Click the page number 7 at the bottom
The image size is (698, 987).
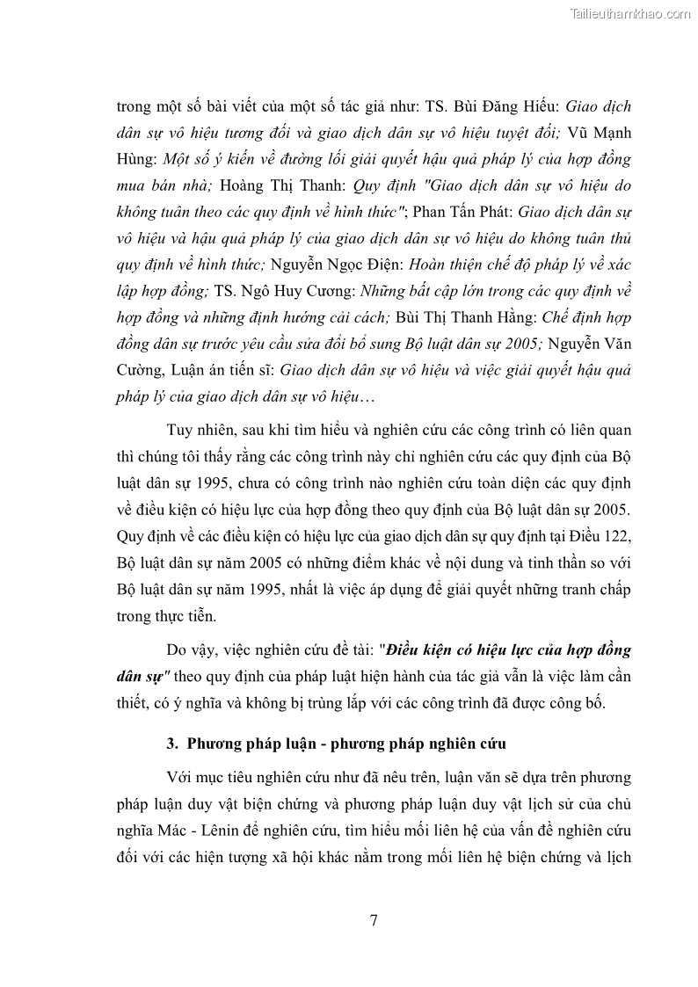(374, 920)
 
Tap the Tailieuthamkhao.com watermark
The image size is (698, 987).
(630, 13)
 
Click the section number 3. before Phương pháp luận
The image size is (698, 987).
(172, 744)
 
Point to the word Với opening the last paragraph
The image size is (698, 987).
(180, 777)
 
